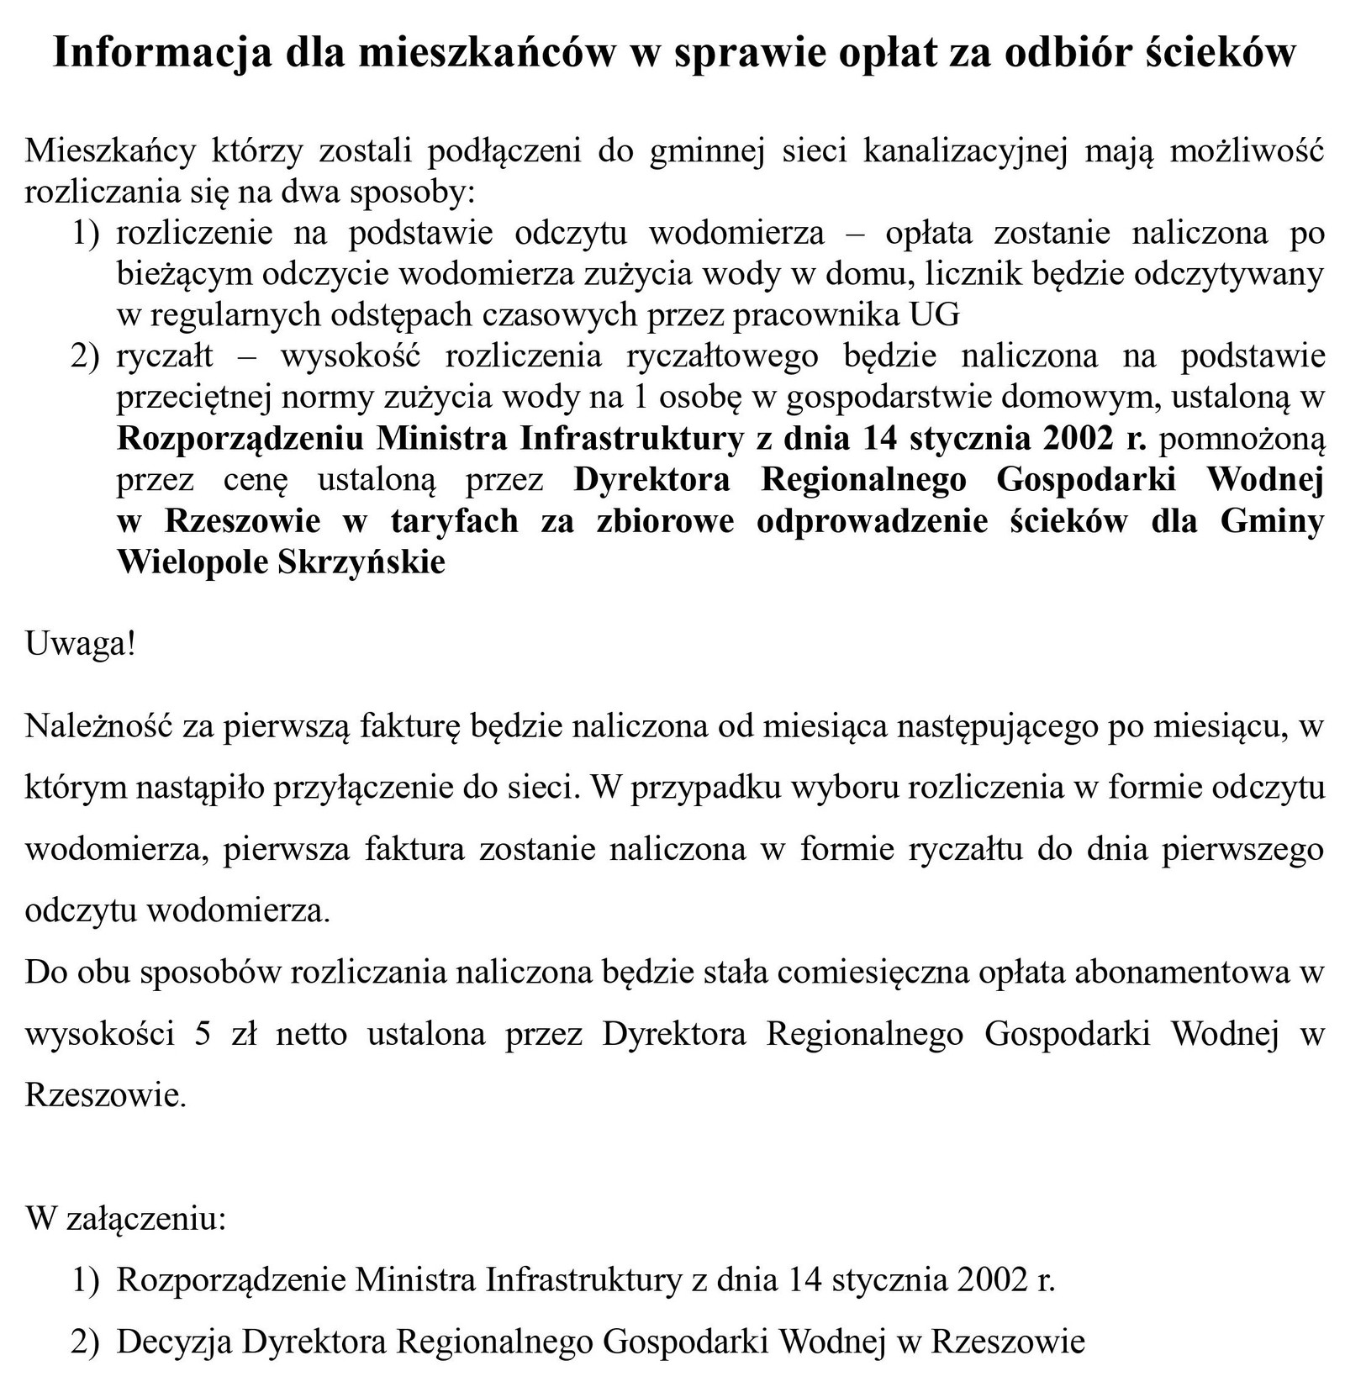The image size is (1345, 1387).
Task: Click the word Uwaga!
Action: coord(80,645)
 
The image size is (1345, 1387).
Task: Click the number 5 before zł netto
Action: coord(202,1033)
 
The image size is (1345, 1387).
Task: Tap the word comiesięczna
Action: coord(868,972)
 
